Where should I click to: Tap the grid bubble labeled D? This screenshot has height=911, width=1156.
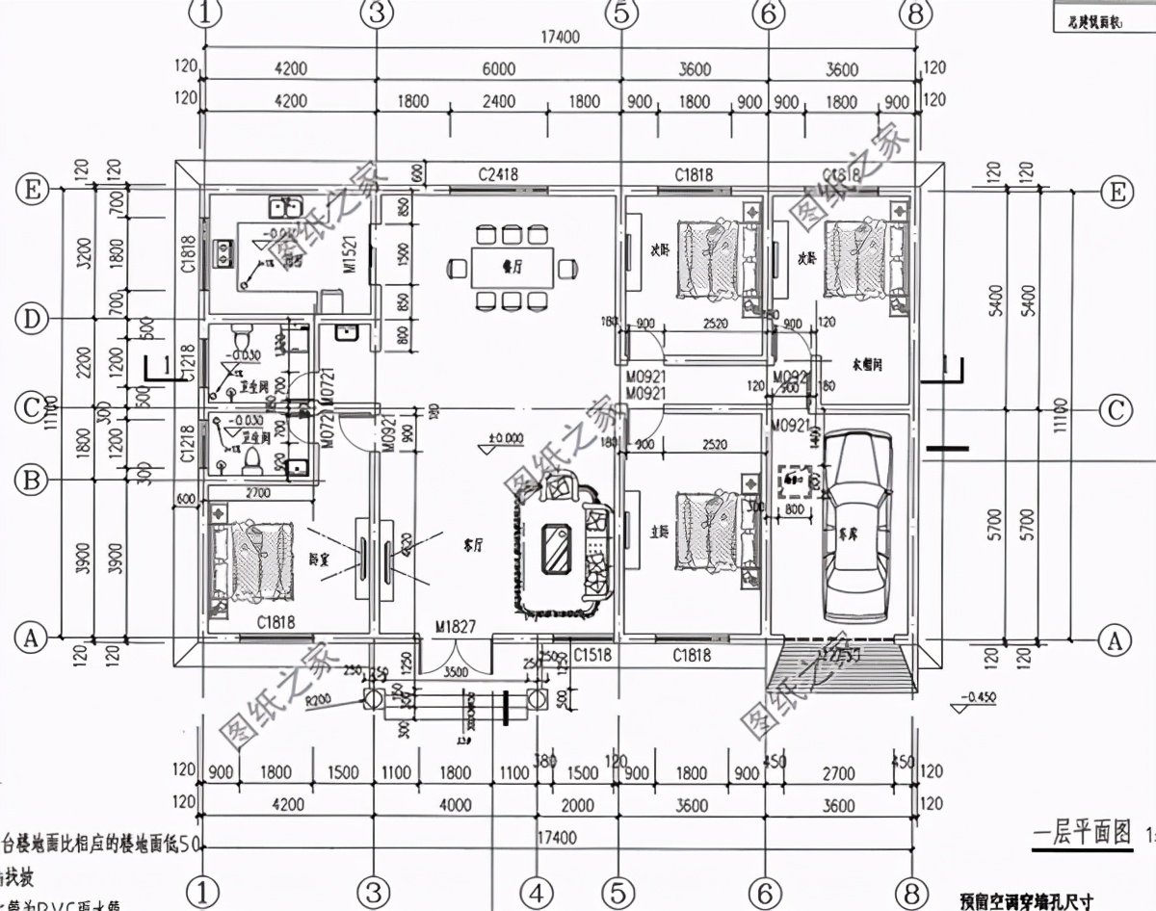click(32, 319)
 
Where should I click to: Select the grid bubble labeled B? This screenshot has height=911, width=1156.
click(32, 478)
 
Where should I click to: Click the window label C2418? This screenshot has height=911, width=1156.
click(499, 174)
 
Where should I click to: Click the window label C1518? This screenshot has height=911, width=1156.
click(594, 655)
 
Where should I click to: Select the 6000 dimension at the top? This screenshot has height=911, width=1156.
click(499, 69)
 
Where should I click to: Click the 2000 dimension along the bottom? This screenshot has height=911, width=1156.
click(578, 805)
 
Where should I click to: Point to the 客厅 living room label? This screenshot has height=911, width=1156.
click(465, 542)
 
